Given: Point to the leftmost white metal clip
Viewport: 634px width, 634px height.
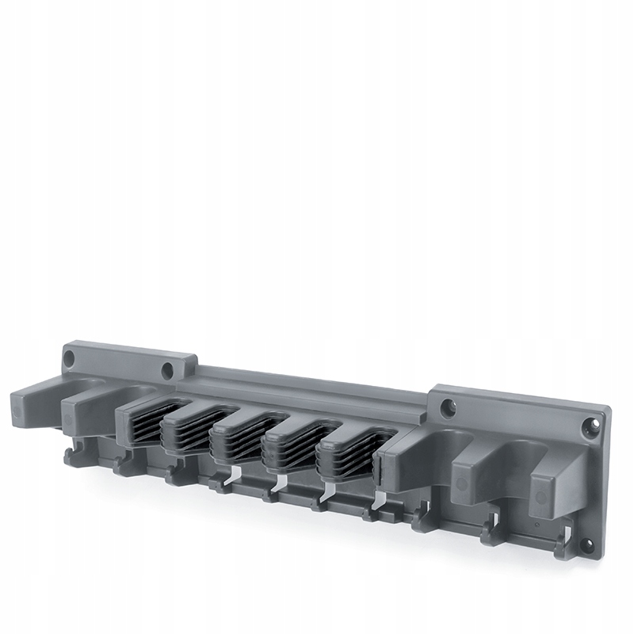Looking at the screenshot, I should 235,476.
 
